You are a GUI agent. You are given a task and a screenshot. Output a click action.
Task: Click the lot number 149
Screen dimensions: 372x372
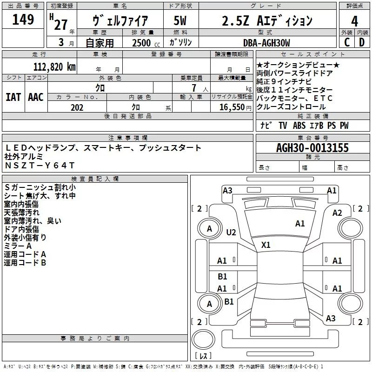(23, 20)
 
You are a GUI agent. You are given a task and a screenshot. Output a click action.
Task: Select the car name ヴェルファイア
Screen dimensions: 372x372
(120, 21)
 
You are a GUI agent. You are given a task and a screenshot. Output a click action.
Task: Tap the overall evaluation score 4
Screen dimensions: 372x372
(355, 21)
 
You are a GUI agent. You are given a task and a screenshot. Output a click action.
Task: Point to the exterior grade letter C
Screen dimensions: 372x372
(347, 42)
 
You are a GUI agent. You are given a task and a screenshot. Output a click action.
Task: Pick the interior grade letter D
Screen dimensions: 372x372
(362, 42)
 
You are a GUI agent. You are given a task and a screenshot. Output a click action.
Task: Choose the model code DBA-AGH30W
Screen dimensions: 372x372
(266, 43)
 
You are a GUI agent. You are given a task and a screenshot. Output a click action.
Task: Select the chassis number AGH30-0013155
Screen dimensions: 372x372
(312, 148)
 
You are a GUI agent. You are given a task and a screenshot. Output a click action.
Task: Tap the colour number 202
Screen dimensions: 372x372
(77, 107)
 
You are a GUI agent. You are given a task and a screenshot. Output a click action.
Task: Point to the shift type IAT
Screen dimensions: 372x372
(13, 97)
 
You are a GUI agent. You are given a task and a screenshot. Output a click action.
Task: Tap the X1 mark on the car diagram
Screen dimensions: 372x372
(266, 245)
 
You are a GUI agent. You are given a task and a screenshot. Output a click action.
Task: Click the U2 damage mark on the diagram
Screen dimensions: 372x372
(231, 232)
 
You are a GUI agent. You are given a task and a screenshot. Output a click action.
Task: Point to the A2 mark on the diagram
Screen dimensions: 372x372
(337, 213)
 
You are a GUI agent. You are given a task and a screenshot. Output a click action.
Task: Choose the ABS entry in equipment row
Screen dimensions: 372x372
(299, 126)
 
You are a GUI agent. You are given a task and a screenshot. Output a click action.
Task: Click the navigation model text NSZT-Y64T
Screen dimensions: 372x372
(40, 165)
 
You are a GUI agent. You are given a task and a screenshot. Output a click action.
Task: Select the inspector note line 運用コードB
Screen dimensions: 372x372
(25, 262)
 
